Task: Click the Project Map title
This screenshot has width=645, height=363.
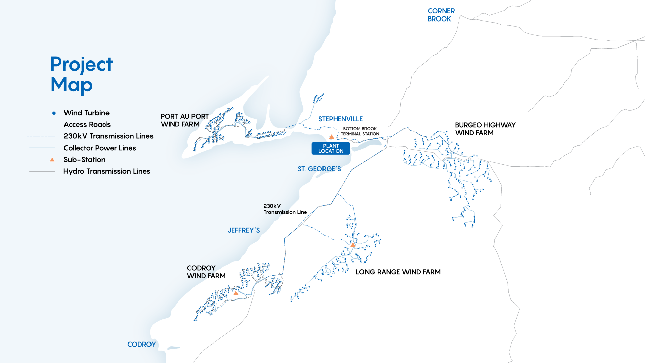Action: pos(81,74)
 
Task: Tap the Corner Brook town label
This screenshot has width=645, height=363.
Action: pos(441,15)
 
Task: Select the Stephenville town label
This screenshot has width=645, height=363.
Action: pos(340,119)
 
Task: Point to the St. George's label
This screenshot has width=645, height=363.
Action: pos(319,169)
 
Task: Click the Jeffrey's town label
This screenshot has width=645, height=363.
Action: pos(244,230)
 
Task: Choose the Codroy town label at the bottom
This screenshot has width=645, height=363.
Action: pos(141,345)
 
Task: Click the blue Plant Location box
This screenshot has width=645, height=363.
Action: pos(331,148)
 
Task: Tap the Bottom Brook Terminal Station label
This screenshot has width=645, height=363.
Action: pos(360,131)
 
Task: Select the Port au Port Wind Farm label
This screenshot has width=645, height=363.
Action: pos(184,120)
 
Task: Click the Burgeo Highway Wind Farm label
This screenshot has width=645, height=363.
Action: pos(485,129)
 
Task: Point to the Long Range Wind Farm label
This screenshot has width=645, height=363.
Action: pos(398,272)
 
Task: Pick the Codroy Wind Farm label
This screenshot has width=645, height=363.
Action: pos(206,272)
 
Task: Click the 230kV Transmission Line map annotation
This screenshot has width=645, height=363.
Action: pos(285,209)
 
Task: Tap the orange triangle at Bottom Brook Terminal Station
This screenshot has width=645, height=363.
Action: pos(332,137)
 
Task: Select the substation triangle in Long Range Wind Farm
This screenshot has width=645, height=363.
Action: pos(353,245)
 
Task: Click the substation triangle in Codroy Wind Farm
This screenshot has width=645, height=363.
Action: pos(236,293)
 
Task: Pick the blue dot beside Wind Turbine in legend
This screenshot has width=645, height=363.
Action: pos(54,113)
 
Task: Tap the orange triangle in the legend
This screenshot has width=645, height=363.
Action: pos(52,160)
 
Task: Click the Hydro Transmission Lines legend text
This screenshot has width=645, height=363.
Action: pos(106,171)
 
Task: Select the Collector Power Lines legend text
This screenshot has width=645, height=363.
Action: pos(100,148)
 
